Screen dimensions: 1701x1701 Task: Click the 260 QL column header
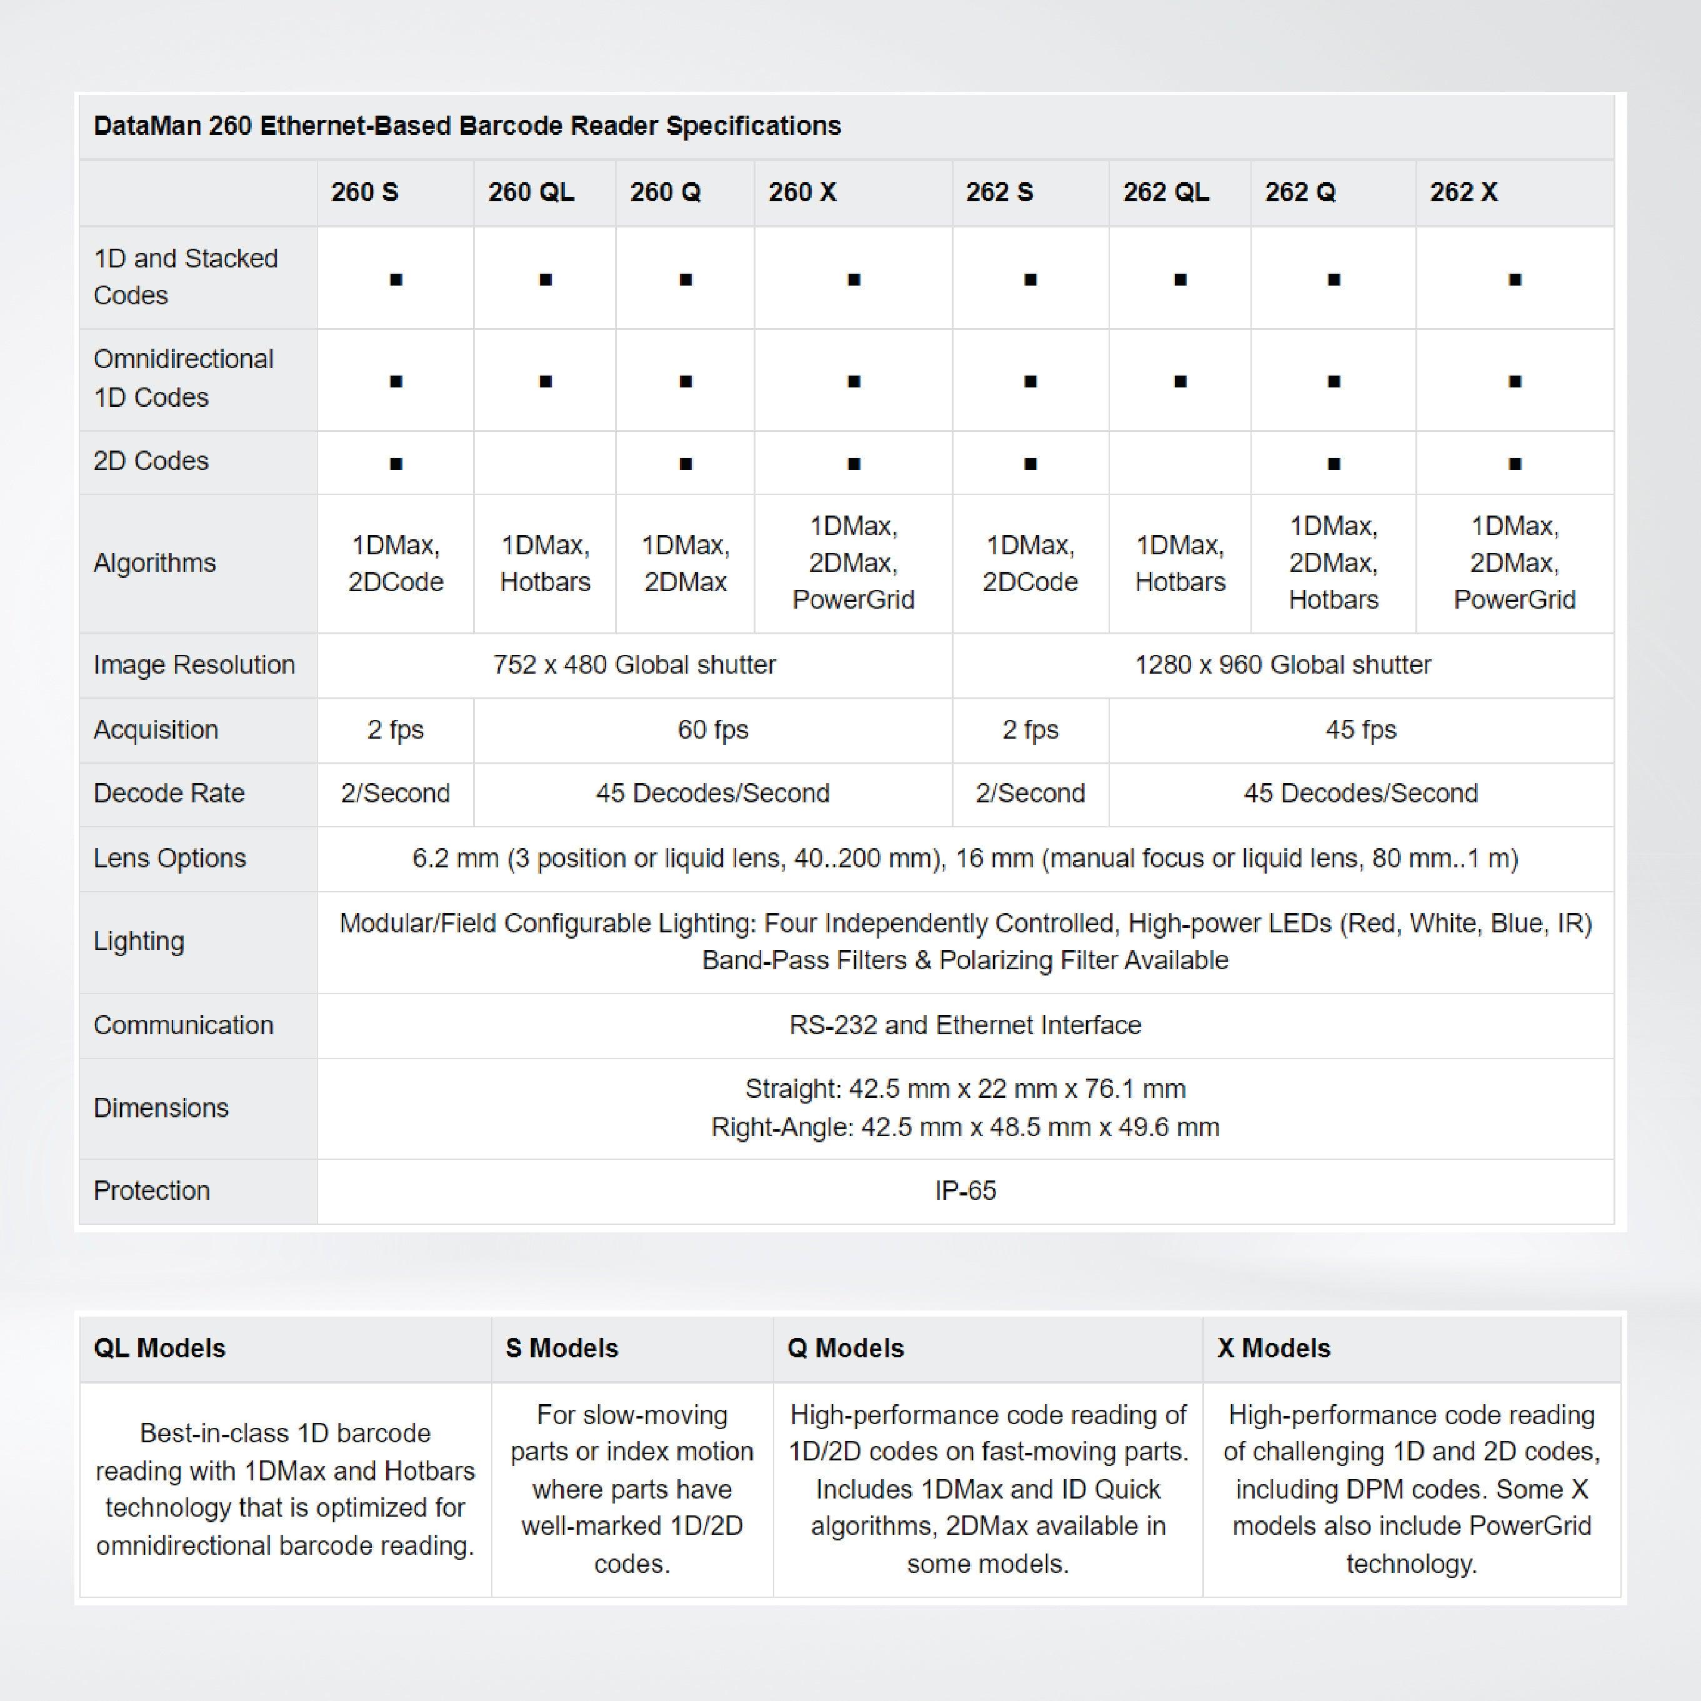[531, 192]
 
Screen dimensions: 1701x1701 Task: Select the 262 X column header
[1464, 192]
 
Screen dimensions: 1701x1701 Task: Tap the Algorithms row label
[155, 562]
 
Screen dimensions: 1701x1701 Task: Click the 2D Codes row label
[151, 461]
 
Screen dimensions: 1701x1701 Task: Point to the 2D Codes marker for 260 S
[396, 464]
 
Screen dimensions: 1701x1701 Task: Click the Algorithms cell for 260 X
[853, 562]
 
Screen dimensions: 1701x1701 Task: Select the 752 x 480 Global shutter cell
[634, 665]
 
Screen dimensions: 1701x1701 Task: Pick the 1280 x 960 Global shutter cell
[1283, 665]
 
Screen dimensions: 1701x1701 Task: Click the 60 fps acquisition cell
[712, 730]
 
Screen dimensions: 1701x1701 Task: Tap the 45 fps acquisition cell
[1360, 730]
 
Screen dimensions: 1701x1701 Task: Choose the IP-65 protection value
[965, 1190]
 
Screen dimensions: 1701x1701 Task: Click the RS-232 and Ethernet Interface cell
[965, 1025]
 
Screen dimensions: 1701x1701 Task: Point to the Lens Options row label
[170, 859]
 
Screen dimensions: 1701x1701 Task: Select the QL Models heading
[159, 1348]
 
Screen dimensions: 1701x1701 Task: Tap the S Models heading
[562, 1348]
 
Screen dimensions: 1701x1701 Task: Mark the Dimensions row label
[161, 1107]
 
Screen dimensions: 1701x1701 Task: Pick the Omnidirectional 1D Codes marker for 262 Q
[1334, 381]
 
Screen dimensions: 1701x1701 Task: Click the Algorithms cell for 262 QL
[1180, 562]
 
